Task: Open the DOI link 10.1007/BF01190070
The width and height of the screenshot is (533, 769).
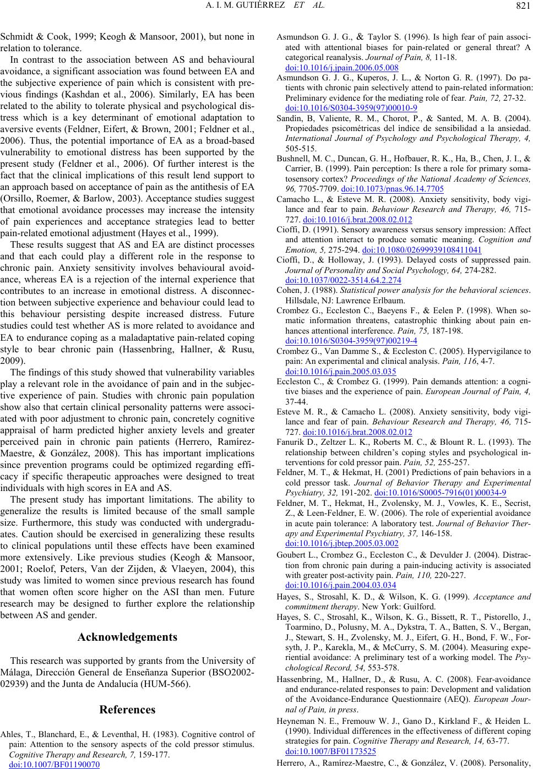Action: [55, 765]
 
